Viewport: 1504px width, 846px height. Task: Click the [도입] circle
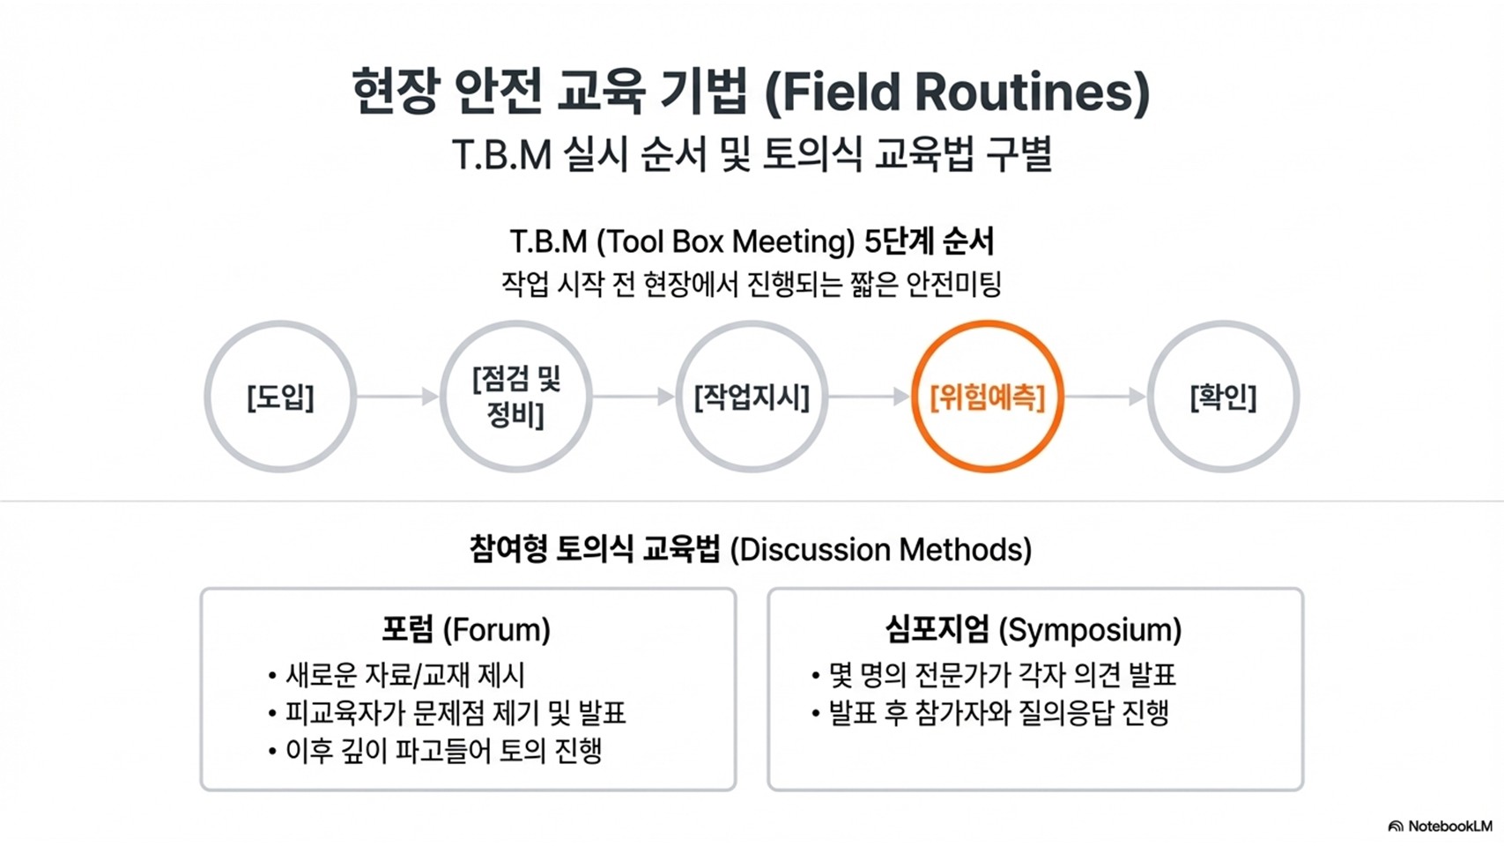click(280, 397)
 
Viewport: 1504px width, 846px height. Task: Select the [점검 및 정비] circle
click(516, 397)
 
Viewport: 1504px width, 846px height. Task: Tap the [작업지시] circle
click(752, 397)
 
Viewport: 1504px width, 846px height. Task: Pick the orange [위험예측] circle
click(988, 397)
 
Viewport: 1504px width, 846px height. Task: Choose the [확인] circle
click(1223, 397)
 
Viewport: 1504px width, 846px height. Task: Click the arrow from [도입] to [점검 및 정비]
click(397, 397)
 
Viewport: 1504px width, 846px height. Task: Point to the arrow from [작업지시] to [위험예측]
click(869, 397)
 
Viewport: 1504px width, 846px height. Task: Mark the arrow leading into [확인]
click(1105, 397)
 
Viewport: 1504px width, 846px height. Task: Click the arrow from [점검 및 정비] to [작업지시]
click(633, 397)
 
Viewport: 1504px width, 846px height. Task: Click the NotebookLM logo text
click(1441, 827)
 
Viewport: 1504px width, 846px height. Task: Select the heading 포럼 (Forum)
click(466, 629)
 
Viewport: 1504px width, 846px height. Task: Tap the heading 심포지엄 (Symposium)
click(1034, 629)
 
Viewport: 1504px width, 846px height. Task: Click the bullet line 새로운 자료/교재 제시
click(404, 676)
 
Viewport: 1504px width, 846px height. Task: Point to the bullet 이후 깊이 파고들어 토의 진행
click(443, 751)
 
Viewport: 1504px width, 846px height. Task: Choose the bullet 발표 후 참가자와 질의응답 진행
click(998, 713)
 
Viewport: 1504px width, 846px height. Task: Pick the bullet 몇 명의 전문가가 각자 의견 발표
click(1002, 676)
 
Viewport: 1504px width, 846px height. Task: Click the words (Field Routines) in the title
click(957, 93)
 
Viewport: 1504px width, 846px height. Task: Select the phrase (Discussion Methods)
click(881, 550)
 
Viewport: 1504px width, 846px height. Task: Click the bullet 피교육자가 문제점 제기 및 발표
click(455, 713)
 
